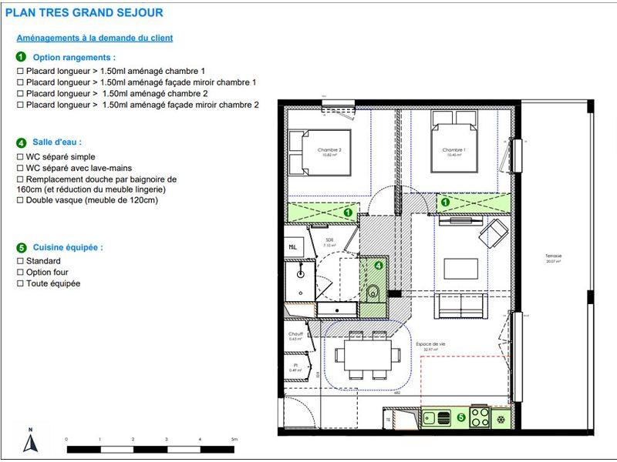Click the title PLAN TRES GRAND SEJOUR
click(x=84, y=13)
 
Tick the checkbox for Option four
click(x=20, y=273)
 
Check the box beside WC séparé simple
click(x=20, y=156)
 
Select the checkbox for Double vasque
click(x=20, y=200)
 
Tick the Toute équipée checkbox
click(x=20, y=283)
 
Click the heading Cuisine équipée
click(x=68, y=247)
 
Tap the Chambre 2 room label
click(x=329, y=150)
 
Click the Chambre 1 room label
click(x=453, y=150)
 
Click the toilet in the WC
click(x=373, y=291)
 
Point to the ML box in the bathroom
click(x=294, y=247)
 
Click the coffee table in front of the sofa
click(x=460, y=268)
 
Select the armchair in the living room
click(x=493, y=230)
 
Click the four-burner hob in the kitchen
click(x=479, y=417)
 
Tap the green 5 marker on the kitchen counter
click(x=461, y=417)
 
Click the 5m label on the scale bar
click(x=234, y=439)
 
